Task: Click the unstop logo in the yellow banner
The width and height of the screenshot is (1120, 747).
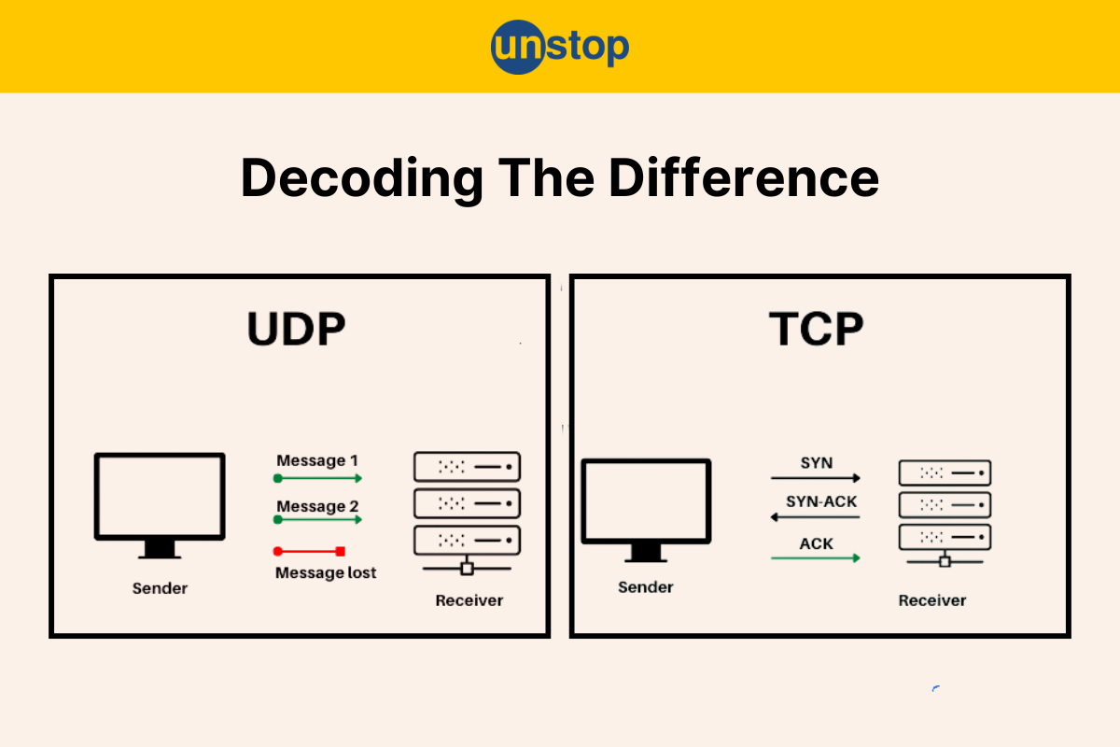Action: point(559,47)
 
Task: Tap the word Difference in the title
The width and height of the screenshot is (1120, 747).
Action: point(744,178)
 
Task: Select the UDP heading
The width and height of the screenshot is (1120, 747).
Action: point(296,329)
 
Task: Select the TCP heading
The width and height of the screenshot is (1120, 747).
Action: point(816,329)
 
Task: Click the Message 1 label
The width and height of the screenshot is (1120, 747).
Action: point(317,460)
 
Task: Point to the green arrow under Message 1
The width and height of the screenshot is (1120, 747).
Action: point(317,479)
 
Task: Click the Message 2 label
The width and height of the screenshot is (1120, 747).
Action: point(317,506)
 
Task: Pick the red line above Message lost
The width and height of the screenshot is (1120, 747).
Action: point(309,551)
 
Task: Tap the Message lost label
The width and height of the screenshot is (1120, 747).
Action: point(326,572)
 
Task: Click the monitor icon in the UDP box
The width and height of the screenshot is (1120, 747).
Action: point(160,505)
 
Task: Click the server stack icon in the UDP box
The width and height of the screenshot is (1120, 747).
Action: point(467,514)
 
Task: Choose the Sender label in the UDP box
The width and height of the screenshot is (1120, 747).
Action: point(160,588)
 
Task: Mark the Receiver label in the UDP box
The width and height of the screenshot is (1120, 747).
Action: point(469,600)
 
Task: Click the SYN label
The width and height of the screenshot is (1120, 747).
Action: point(817,463)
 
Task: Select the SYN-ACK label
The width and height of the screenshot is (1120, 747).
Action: point(821,501)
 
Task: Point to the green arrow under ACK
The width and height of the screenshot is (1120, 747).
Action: point(816,557)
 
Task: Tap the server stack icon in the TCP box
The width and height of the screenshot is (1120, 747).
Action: point(945,514)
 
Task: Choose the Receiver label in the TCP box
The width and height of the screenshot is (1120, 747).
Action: point(932,600)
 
